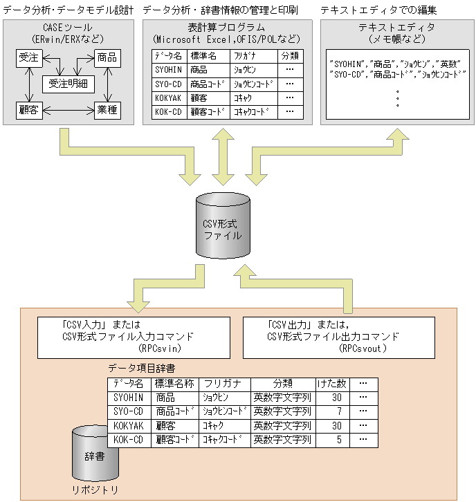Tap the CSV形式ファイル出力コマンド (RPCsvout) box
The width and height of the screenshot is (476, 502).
pos(338,337)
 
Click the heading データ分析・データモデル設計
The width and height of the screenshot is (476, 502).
pos(68,10)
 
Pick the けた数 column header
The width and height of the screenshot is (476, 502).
pos(332,384)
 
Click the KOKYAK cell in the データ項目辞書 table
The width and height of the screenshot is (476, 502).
pos(129,425)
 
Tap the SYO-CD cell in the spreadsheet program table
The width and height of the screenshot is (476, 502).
pos(169,83)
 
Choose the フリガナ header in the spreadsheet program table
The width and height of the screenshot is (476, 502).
pos(253,55)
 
